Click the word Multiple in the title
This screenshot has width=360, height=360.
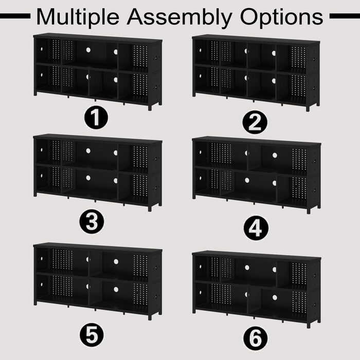pyautogui.click(x=78, y=17)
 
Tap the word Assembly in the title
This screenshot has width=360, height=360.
pyautogui.click(x=179, y=17)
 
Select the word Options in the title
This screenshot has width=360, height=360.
pyautogui.click(x=282, y=17)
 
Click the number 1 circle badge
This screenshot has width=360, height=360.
pyautogui.click(x=96, y=117)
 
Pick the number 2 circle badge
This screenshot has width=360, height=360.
pyautogui.click(x=255, y=122)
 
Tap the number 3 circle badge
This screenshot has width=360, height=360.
pyautogui.click(x=92, y=221)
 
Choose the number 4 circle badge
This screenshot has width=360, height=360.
pyautogui.click(x=256, y=227)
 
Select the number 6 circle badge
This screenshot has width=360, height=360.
pyautogui.click(x=256, y=338)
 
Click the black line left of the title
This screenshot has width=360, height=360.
pyautogui.click(x=15, y=16)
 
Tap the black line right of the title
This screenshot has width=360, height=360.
pyautogui.click(x=345, y=16)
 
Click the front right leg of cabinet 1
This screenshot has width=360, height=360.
pyautogui.click(x=150, y=107)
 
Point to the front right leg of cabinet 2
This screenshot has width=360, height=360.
pyautogui.click(x=308, y=109)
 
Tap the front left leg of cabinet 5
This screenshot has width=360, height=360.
pyautogui.click(x=35, y=302)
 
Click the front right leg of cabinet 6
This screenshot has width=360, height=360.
pyautogui.click(x=309, y=325)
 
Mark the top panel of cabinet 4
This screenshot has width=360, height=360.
pyautogui.click(x=257, y=141)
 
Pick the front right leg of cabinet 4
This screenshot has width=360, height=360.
pyautogui.click(x=309, y=210)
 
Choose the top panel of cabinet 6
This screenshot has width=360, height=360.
pyautogui.click(x=257, y=256)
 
